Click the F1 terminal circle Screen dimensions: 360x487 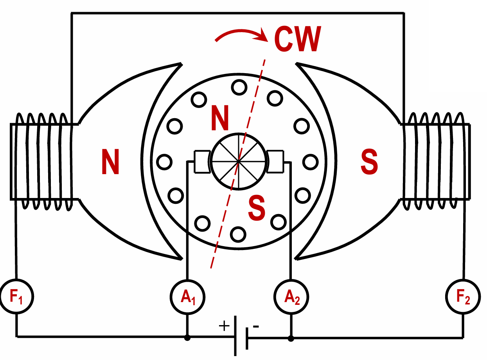coord(16,297)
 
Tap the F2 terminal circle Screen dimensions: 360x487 coord(464,297)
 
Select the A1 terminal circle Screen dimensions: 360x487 coord(188,297)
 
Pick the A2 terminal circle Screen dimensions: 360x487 coord(291,297)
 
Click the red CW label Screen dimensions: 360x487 coord(298,39)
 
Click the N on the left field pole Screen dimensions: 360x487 coord(110,162)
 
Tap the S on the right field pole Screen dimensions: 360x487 coord(369,162)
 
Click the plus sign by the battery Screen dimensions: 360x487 coord(224,326)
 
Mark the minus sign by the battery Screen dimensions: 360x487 coord(256,326)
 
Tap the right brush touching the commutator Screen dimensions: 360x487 coord(275,161)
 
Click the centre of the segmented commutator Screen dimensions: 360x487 coord(239,161)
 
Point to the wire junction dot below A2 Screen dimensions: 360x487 coord(291,338)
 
